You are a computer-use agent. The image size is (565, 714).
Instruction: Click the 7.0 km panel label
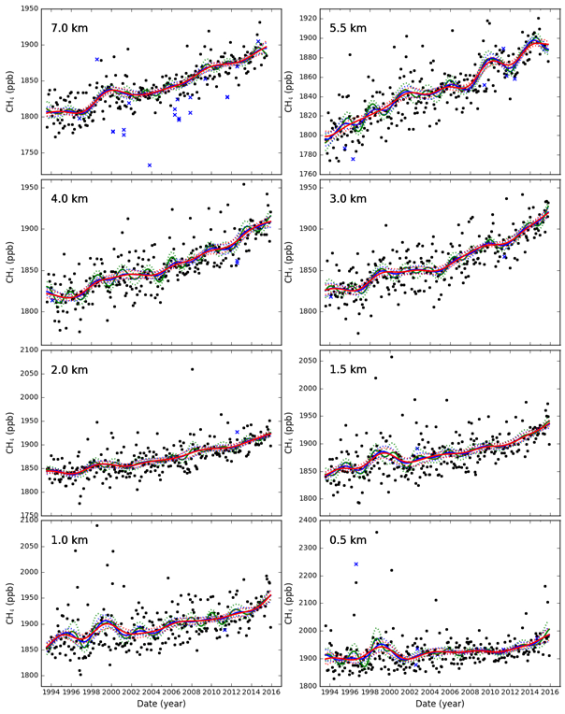point(71,27)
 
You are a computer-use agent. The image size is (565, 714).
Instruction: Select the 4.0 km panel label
point(71,199)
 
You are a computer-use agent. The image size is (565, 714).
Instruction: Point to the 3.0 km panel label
point(349,199)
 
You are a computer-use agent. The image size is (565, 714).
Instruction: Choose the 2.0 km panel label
point(71,370)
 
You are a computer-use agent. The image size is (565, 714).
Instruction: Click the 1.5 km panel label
point(349,370)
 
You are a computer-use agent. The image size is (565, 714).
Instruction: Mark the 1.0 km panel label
point(71,541)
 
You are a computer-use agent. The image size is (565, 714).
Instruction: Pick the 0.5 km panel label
point(349,541)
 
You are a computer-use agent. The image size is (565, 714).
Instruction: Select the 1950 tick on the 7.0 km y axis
point(27,9)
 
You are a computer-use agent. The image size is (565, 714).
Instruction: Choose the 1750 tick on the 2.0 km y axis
point(27,516)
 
